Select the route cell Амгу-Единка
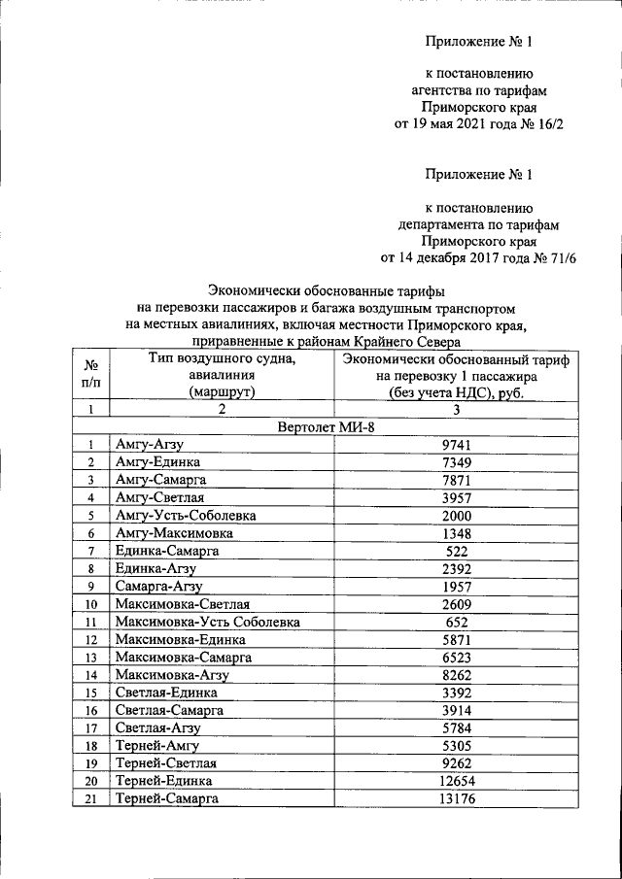point(157,462)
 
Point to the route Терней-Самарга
point(166,798)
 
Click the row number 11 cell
point(90,622)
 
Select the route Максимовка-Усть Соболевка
point(207,622)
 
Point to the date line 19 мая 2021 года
point(478,123)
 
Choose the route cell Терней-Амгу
point(156,746)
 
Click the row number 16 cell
point(90,710)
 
